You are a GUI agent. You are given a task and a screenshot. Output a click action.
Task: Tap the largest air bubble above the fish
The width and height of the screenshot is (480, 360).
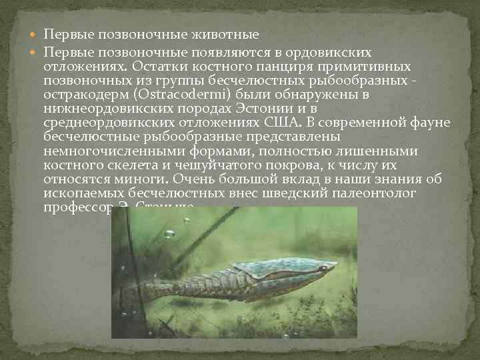tap(169, 233)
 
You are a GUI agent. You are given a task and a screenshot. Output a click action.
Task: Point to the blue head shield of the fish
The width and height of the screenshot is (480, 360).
tap(280, 267)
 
